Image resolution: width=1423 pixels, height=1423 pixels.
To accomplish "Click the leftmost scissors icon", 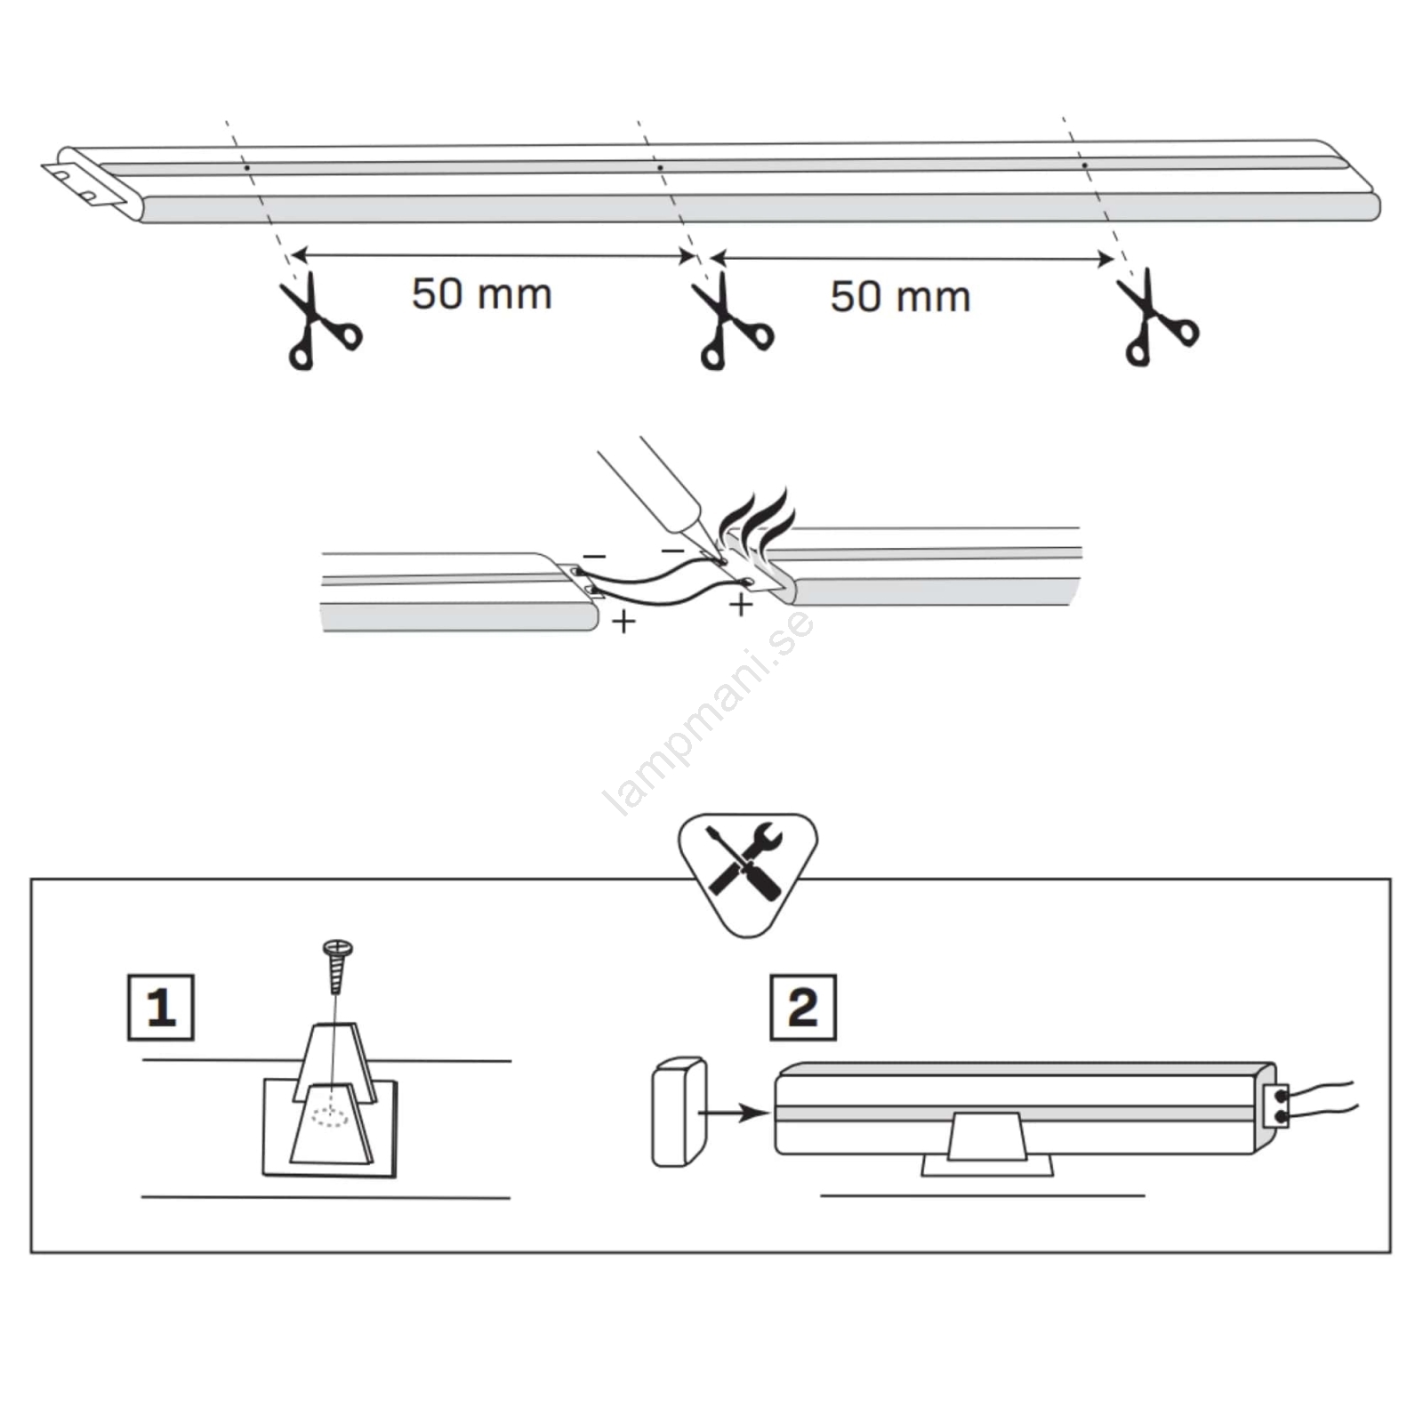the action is coord(318,322).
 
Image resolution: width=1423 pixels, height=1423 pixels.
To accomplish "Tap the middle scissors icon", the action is coord(731,322).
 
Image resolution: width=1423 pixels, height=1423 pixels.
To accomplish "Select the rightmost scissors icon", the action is coord(1156,318).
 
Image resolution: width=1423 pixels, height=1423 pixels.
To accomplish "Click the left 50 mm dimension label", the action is coord(481,293).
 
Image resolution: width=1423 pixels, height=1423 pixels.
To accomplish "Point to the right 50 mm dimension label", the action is coord(900,296).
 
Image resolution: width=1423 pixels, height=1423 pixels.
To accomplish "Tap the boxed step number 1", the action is coord(161,1008).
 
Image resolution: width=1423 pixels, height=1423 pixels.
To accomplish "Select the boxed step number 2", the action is coord(803,1008).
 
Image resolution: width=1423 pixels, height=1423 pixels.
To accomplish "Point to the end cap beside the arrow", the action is coord(679,1112).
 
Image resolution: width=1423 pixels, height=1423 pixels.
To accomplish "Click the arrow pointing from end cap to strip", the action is coord(734,1113).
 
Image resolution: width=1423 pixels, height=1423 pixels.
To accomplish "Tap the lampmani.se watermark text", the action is coord(709,712).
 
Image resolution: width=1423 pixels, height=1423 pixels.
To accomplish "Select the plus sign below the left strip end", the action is coord(623,621).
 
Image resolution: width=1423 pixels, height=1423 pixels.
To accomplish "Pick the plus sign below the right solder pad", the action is coord(741,605).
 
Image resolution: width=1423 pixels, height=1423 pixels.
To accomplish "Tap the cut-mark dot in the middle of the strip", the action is coord(660,167).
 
